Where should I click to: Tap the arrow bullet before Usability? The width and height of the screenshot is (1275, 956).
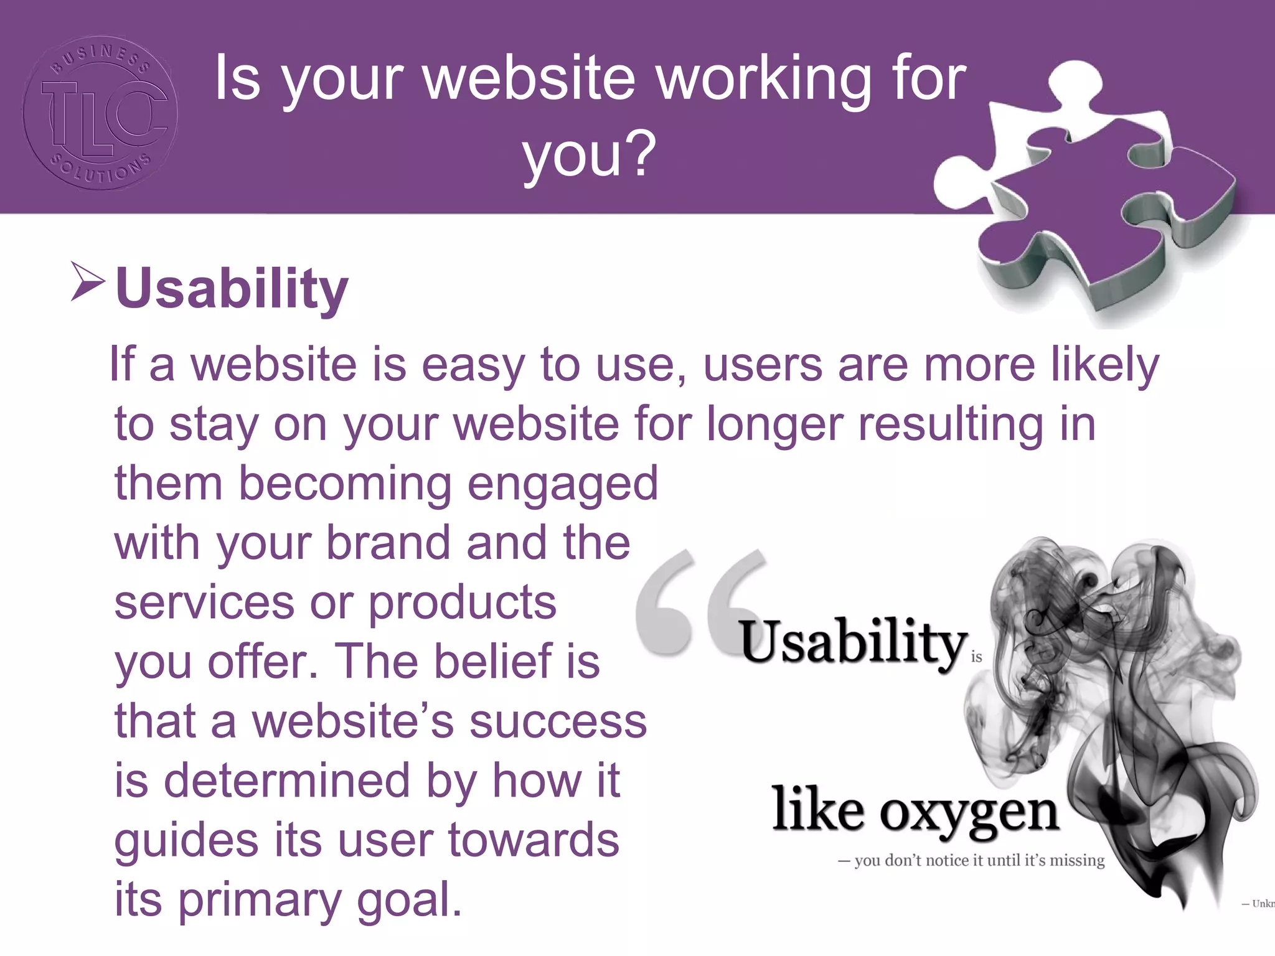(x=87, y=282)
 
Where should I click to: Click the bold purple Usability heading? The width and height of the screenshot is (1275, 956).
(x=232, y=288)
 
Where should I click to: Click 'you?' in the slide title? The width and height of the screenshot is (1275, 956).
(x=589, y=154)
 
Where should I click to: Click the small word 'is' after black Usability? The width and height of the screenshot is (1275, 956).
(x=976, y=657)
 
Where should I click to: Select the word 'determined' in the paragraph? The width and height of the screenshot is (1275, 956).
(x=287, y=780)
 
